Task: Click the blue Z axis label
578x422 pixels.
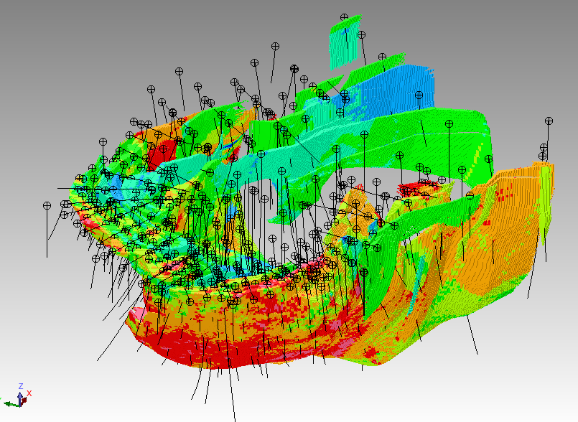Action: [21, 386]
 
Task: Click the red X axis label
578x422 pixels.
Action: [29, 393]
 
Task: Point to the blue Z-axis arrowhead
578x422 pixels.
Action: [20, 396]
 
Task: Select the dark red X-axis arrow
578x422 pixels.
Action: [24, 400]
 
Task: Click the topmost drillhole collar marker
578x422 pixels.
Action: [345, 17]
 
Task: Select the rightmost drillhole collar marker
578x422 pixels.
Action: [549, 121]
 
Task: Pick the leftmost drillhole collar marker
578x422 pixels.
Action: [47, 205]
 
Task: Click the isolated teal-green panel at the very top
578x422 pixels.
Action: [345, 42]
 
